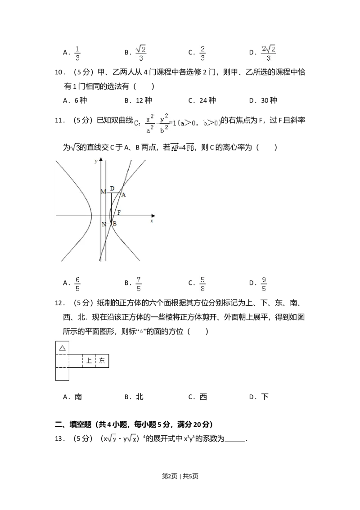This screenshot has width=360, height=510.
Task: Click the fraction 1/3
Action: pyautogui.click(x=77, y=54)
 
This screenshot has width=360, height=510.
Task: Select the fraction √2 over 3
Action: pyautogui.click(x=140, y=54)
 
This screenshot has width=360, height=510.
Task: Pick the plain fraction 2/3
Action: pyautogui.click(x=203, y=54)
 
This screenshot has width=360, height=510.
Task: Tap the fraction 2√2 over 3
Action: pyautogui.click(x=268, y=54)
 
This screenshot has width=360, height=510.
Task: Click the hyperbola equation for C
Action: pyautogui.click(x=176, y=124)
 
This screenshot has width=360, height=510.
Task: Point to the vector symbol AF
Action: pyautogui.click(x=174, y=148)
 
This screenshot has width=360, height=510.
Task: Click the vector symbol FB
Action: pyautogui.click(x=189, y=148)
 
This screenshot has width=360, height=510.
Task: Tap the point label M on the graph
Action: pyautogui.click(x=103, y=192)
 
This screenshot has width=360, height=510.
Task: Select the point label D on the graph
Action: pyautogui.click(x=112, y=188)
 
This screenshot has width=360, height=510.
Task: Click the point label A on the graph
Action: pyautogui.click(x=123, y=195)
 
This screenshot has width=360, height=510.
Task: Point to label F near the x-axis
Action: pyautogui.click(x=119, y=212)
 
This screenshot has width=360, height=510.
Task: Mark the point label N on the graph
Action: pyautogui.click(x=103, y=224)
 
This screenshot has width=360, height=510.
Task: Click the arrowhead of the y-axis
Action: pyautogui.click(x=102, y=160)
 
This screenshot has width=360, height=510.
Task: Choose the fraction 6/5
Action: pyautogui.click(x=77, y=284)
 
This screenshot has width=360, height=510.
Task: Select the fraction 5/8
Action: pyautogui.click(x=203, y=284)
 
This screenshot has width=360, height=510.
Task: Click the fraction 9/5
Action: pyautogui.click(x=264, y=284)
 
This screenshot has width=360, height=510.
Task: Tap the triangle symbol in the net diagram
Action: pyautogui.click(x=63, y=348)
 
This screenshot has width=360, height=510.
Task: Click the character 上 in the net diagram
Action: pyautogui.click(x=89, y=361)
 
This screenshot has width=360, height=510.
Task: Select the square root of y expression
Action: pyautogui.click(x=112, y=438)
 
